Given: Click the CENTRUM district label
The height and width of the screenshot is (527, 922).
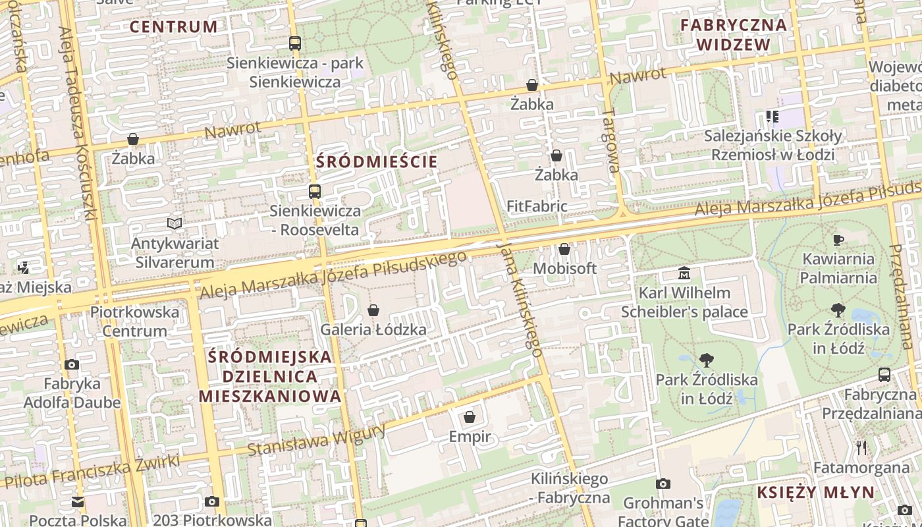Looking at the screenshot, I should pyautogui.click(x=173, y=27).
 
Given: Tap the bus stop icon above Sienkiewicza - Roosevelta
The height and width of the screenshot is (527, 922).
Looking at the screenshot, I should pyautogui.click(x=315, y=192).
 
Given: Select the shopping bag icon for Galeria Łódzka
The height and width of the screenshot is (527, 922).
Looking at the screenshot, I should pyautogui.click(x=373, y=310).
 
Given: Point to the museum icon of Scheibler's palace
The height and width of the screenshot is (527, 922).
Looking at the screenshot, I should pyautogui.click(x=684, y=273).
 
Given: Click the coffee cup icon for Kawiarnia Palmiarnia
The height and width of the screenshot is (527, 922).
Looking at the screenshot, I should pyautogui.click(x=838, y=240).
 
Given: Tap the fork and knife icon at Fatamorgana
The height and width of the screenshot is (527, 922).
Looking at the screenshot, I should pyautogui.click(x=861, y=448).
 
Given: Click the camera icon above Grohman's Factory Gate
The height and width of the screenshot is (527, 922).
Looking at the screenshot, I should pyautogui.click(x=663, y=484).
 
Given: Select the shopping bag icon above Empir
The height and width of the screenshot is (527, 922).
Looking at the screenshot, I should pyautogui.click(x=470, y=417).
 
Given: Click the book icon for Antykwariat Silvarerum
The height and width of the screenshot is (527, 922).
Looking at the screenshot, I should pyautogui.click(x=175, y=224).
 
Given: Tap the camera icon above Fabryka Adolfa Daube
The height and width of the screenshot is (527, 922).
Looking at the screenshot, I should pyautogui.click(x=72, y=364).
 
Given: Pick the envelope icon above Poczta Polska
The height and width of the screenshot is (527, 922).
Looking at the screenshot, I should pyautogui.click(x=78, y=502).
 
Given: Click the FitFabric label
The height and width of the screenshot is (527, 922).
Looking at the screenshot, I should pyautogui.click(x=537, y=206).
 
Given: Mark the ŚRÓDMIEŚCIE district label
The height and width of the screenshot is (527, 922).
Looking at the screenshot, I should pyautogui.click(x=377, y=162).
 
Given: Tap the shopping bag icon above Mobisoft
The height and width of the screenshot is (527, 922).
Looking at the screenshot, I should pyautogui.click(x=564, y=249).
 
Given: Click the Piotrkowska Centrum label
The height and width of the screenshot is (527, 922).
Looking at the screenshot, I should pyautogui.click(x=134, y=321).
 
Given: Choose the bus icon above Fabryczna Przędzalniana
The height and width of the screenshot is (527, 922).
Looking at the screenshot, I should pyautogui.click(x=884, y=375).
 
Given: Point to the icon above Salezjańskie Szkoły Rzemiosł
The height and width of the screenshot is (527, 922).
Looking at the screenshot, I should pyautogui.click(x=773, y=117).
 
